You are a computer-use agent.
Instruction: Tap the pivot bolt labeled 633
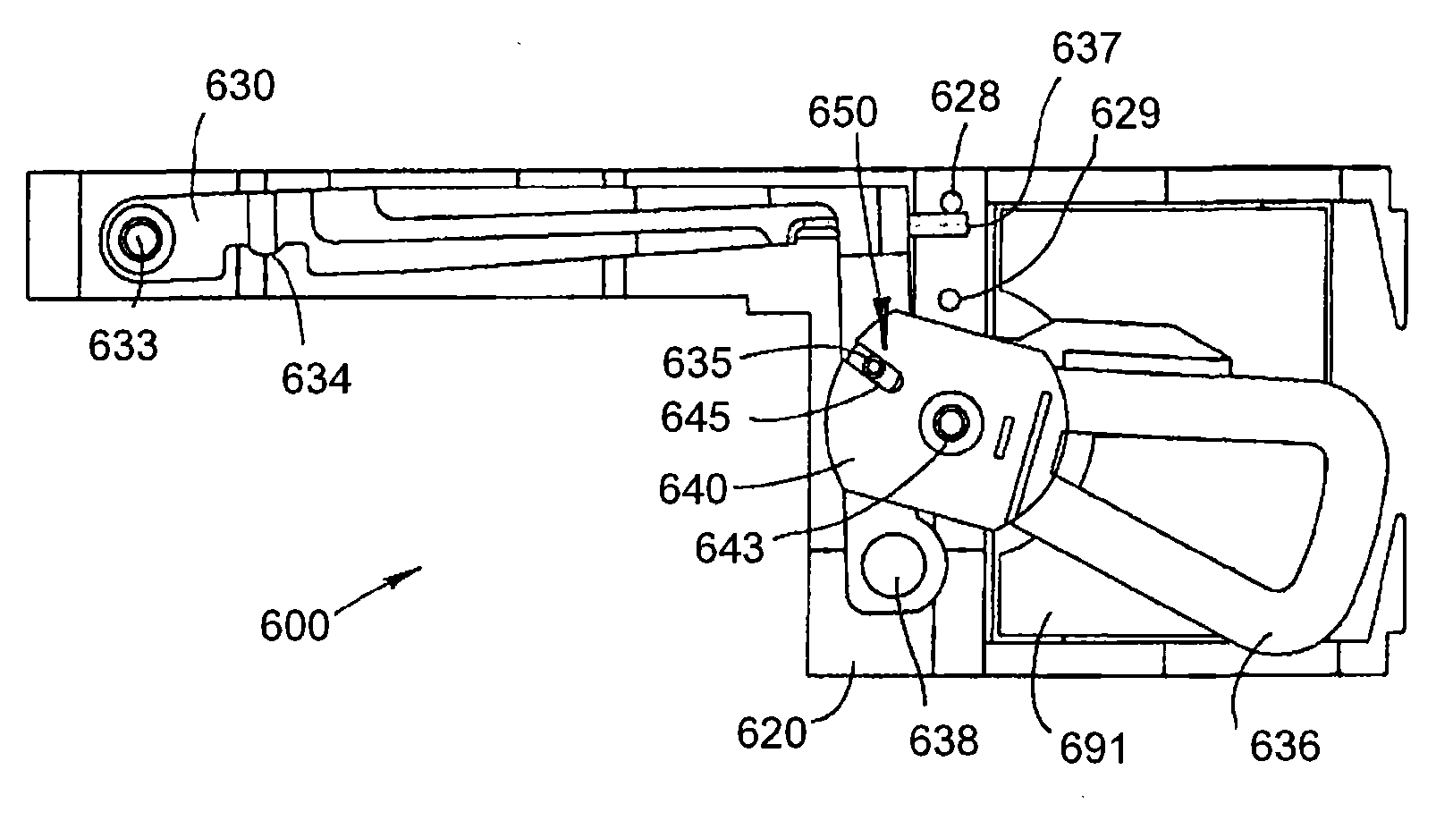pyautogui.click(x=139, y=240)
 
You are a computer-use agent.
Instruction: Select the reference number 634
pyautogui.click(x=316, y=380)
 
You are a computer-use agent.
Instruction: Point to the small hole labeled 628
pyautogui.click(x=953, y=199)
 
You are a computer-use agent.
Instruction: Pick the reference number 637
pyautogui.click(x=1085, y=48)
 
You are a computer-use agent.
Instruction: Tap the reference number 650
pyautogui.click(x=843, y=114)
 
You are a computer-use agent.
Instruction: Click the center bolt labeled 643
pyautogui.click(x=949, y=419)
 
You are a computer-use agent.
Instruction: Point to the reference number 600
pyautogui.click(x=294, y=626)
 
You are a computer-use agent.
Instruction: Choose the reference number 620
pyautogui.click(x=771, y=733)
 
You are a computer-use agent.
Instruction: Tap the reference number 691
pyautogui.click(x=1092, y=748)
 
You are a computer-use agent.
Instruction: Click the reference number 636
pyautogui.click(x=1284, y=746)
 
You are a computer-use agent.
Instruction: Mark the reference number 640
pyautogui.click(x=692, y=489)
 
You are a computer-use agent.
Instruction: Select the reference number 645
pyautogui.click(x=695, y=417)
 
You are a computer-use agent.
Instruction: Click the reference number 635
pyautogui.click(x=697, y=362)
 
